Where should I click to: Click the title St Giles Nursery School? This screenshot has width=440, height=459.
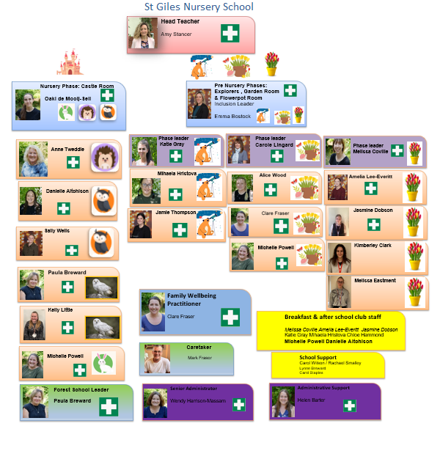pos(199,7)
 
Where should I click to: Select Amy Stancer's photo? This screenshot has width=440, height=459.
pos(142,34)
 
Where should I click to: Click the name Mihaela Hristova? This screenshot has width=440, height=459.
pos(177,174)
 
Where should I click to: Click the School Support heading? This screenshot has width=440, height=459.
pos(307,356)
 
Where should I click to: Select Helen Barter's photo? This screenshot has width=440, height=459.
pos(283,403)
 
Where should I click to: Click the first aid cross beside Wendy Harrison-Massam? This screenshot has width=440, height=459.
pos(238,404)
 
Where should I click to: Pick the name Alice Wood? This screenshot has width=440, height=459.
pos(272,176)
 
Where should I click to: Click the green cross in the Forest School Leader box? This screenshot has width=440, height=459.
pos(109,406)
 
